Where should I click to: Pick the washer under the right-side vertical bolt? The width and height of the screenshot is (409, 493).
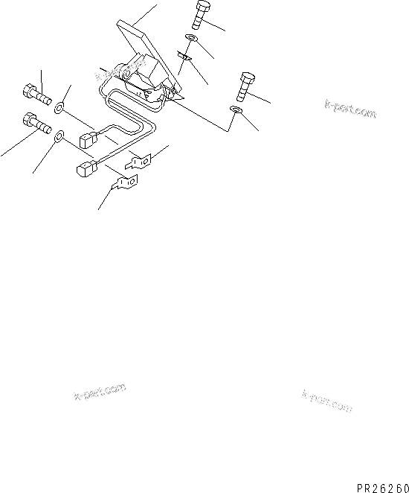click(236, 110)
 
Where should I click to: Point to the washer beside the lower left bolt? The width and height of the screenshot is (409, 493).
click(59, 137)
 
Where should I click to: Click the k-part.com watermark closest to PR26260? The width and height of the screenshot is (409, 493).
click(326, 401)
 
